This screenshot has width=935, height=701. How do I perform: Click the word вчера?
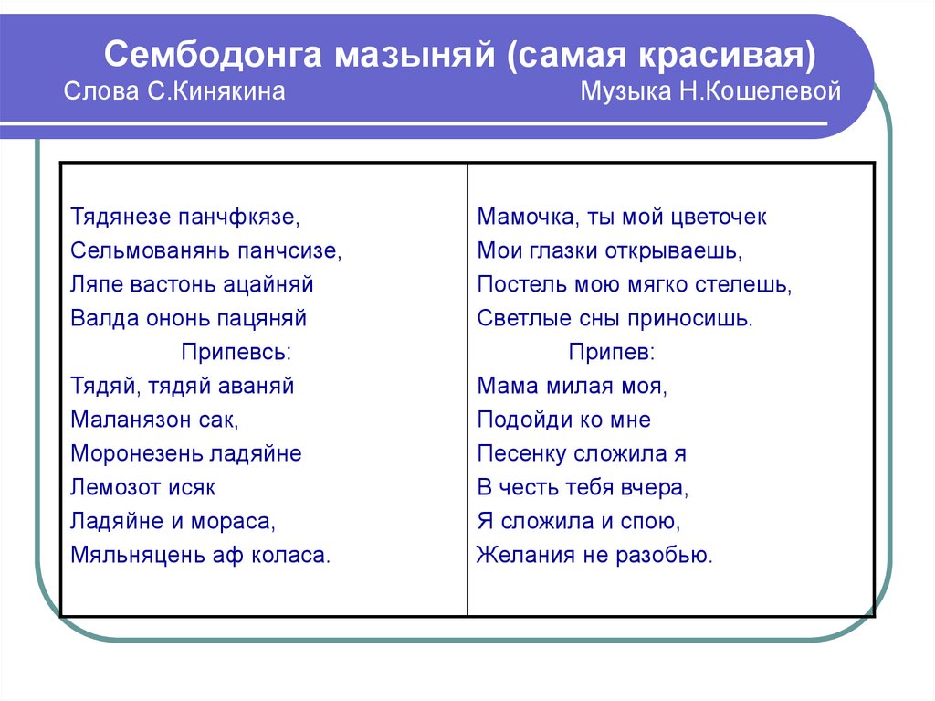point(656,487)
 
